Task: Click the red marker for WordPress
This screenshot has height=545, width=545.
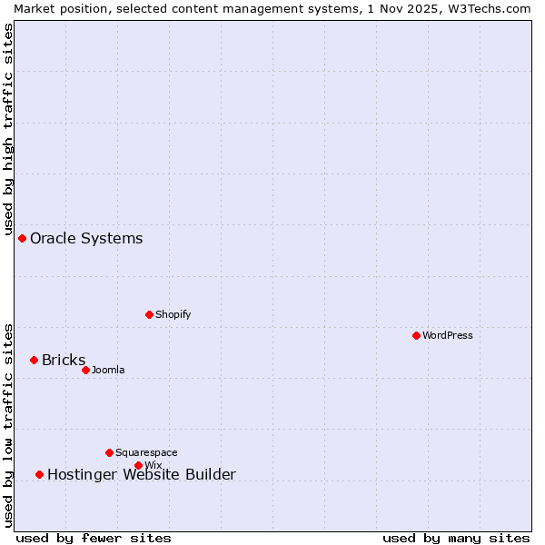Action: (416, 335)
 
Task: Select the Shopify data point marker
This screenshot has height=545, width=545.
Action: (149, 314)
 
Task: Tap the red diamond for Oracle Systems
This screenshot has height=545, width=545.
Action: (22, 238)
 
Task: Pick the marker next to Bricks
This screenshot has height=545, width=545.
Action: (34, 360)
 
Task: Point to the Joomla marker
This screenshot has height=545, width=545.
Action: (85, 370)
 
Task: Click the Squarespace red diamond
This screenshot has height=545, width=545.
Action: (109, 452)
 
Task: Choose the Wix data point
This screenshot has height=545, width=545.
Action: (138, 465)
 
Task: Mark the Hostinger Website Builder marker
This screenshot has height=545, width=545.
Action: (39, 474)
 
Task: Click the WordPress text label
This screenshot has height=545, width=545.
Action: (448, 335)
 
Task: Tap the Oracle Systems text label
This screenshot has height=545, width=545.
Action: (86, 238)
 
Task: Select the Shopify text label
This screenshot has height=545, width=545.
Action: (173, 314)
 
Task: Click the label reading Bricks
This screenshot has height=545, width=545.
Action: (64, 360)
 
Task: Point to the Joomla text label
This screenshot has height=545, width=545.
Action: (108, 370)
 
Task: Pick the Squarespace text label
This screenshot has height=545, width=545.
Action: (146, 452)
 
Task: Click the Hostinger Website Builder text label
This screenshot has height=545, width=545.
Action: (141, 474)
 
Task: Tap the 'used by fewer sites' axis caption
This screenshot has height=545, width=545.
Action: (94, 538)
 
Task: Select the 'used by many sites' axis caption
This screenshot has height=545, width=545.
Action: (456, 538)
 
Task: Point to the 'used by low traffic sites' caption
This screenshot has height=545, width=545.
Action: (8, 424)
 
